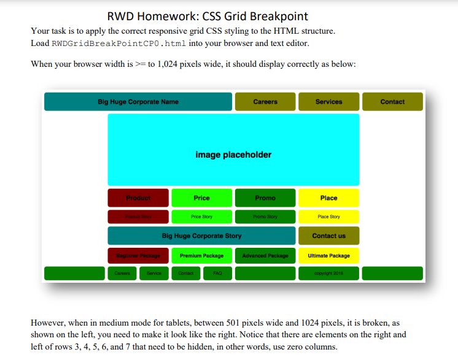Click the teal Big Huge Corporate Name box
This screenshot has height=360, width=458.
138,102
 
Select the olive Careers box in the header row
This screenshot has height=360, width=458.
265,102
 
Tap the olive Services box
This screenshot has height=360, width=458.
328,102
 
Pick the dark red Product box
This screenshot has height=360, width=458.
138,198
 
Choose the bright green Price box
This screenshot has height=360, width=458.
201,198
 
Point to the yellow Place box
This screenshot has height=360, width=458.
328,198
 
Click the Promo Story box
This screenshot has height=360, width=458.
265,216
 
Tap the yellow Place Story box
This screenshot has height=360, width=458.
328,216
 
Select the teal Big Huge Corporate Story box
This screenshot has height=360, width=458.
201,236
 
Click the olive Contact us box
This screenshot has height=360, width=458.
328,236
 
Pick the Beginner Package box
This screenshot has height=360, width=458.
138,255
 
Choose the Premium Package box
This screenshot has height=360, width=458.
201,255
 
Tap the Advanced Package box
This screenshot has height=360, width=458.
265,255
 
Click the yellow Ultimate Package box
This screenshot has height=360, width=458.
328,255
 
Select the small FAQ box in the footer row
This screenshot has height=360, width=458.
217,274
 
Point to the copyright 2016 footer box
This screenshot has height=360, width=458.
328,274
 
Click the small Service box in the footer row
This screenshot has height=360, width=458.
154,274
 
